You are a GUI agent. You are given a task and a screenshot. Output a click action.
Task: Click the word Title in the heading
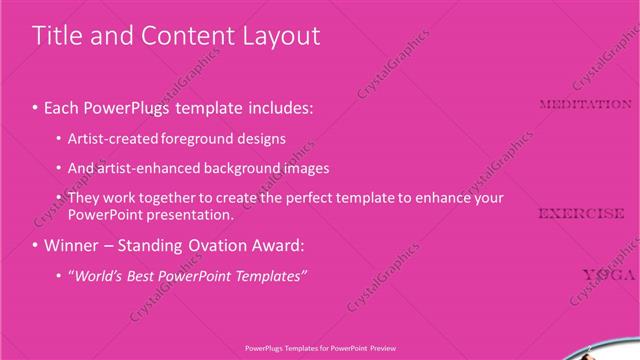[56, 36]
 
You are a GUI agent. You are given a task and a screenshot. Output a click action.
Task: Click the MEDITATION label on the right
[585, 104]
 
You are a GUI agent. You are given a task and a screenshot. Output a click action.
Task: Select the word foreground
[210, 138]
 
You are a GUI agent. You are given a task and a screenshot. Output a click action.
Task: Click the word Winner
[72, 245]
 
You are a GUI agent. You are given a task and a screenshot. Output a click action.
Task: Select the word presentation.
[191, 214]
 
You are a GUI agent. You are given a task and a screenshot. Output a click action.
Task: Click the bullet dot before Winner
[35, 245]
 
